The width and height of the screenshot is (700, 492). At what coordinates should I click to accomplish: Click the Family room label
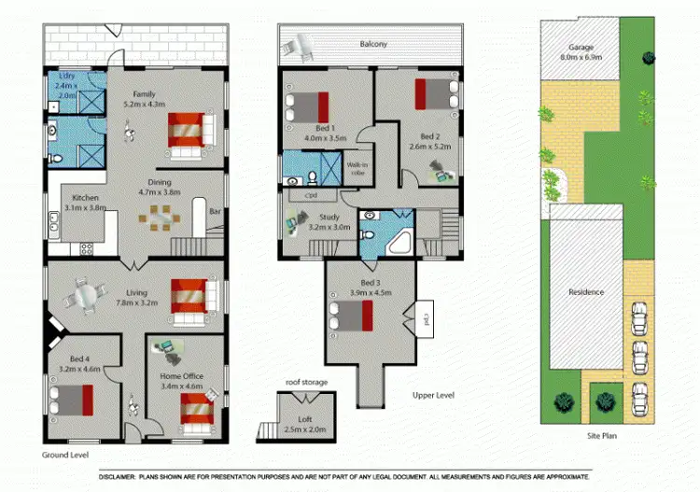(x=144, y=94)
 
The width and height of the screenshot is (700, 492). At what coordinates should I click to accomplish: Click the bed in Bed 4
(x=71, y=400)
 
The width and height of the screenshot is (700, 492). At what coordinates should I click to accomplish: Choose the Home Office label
(x=182, y=376)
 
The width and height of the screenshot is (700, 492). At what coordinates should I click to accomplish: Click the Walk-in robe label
(x=357, y=169)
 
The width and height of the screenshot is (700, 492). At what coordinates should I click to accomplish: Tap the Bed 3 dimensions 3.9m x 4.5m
(x=371, y=292)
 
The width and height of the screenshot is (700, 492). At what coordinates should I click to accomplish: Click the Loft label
(x=304, y=419)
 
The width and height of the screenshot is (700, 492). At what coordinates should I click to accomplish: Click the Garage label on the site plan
(x=581, y=48)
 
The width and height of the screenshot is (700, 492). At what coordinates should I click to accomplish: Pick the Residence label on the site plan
(x=586, y=292)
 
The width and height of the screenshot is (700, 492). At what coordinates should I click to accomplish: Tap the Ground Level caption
(x=65, y=455)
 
